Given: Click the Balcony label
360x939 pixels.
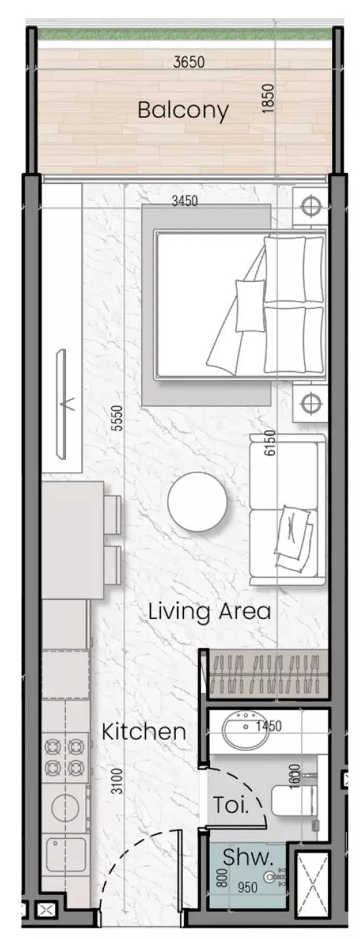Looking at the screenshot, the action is click(183, 111).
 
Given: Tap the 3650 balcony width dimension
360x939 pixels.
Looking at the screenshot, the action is click(189, 63).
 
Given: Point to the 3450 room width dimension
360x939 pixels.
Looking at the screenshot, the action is click(185, 200).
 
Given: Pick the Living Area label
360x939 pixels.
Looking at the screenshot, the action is click(209, 611).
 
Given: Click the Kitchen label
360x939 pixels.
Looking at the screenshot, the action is click(143, 731).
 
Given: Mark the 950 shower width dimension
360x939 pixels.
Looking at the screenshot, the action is click(247, 887).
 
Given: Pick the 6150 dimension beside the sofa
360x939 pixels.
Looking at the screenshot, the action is click(269, 443).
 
